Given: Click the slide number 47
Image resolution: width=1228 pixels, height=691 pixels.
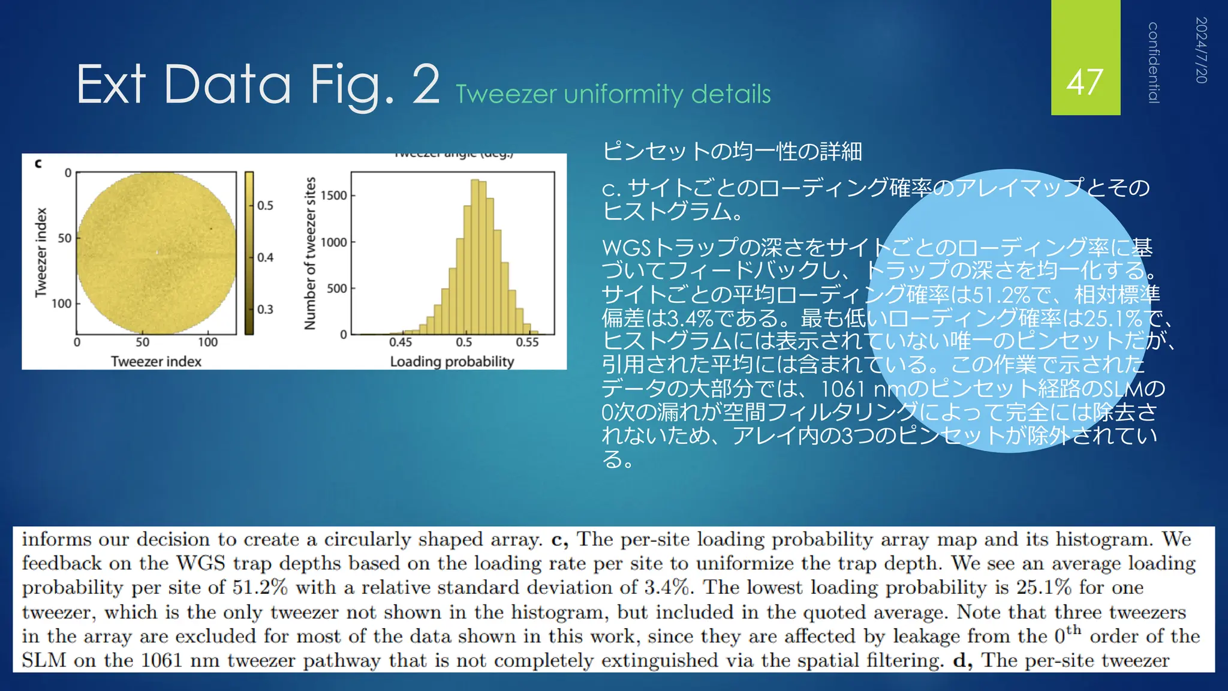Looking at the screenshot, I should click(x=1085, y=82).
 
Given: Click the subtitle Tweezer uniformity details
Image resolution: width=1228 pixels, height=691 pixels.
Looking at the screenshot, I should click(x=613, y=94).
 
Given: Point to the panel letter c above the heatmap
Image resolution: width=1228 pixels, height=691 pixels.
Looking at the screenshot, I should click(x=38, y=163).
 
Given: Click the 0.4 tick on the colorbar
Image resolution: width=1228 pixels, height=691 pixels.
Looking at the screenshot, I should click(x=265, y=257).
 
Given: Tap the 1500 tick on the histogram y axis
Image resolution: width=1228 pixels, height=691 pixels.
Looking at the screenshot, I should click(x=333, y=196).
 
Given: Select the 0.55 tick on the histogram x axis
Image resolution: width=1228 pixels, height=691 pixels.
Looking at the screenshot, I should click(x=527, y=342).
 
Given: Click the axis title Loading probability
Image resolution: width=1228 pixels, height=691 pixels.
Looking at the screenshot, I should click(x=452, y=361).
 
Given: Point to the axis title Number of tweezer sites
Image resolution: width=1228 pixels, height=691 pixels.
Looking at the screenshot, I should click(x=310, y=253).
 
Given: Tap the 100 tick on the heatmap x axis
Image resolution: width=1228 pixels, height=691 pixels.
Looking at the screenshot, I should click(x=207, y=342).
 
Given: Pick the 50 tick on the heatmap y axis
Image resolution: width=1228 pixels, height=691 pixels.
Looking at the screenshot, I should click(x=64, y=238).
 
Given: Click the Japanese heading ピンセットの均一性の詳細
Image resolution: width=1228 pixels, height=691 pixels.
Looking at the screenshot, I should click(x=732, y=151).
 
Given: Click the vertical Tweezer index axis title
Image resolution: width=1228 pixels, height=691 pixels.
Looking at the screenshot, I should click(x=41, y=253).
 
